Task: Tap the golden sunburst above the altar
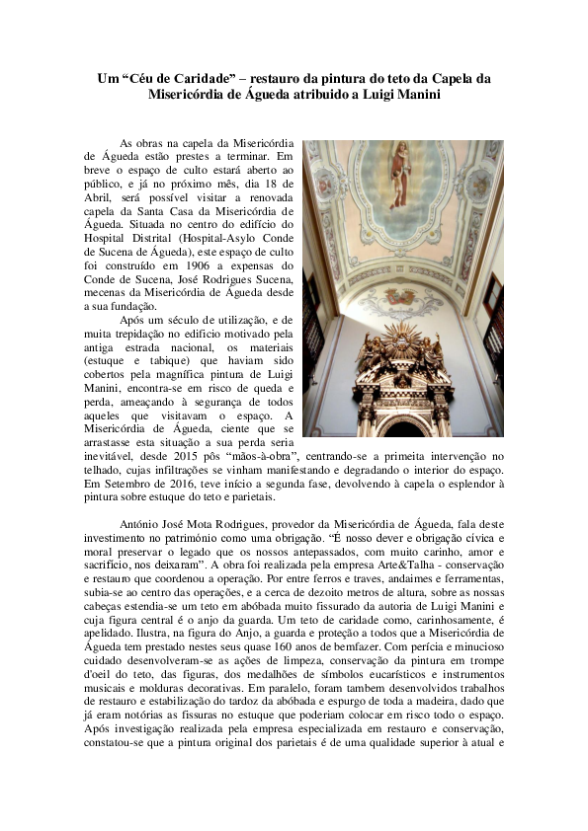(x=403, y=344)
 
